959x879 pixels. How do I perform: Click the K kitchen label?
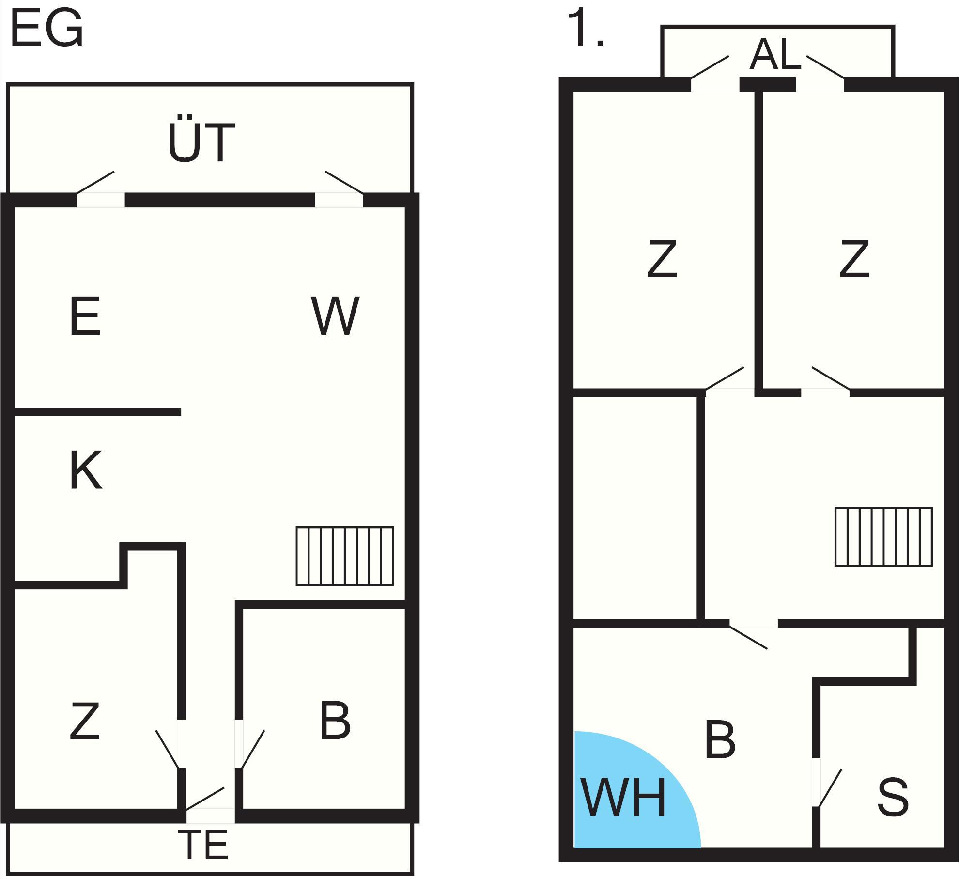pyautogui.click(x=86, y=470)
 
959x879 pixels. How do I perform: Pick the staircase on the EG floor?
pyautogui.click(x=344, y=556)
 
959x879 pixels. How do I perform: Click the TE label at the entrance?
pyautogui.click(x=203, y=845)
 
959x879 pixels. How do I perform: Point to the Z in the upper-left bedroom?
pyautogui.click(x=662, y=260)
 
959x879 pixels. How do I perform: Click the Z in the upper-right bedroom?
pyautogui.click(x=854, y=260)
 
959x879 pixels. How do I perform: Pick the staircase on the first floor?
pyautogui.click(x=883, y=537)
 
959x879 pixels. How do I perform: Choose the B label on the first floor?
pyautogui.click(x=720, y=740)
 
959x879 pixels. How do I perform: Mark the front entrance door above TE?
pyautogui.click(x=205, y=798)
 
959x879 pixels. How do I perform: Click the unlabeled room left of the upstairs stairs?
pyautogui.click(x=634, y=508)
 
